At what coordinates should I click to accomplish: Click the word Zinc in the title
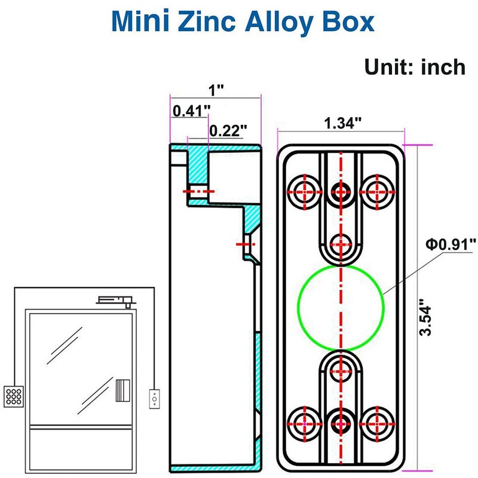pyautogui.click(x=206, y=22)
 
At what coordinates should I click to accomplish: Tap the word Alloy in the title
pyautogui.click(x=279, y=22)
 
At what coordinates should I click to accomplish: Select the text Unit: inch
pyautogui.click(x=415, y=67)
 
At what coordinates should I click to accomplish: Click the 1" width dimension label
pyautogui.click(x=216, y=90)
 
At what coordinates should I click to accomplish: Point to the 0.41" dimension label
pyautogui.click(x=191, y=111)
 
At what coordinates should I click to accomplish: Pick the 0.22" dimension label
pyautogui.click(x=228, y=131)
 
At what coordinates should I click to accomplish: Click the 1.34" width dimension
pyautogui.click(x=342, y=123)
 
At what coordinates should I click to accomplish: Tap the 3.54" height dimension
pyautogui.click(x=425, y=317)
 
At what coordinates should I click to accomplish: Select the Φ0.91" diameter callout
pyautogui.click(x=451, y=244)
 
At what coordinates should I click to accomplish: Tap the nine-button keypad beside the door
pyautogui.click(x=14, y=396)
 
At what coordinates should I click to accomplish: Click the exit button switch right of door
pyautogui.click(x=155, y=399)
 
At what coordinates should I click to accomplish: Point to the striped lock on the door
pyautogui.click(x=123, y=391)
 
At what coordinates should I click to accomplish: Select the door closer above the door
pyautogui.click(x=116, y=302)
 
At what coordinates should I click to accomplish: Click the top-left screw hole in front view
pyautogui.click(x=305, y=192)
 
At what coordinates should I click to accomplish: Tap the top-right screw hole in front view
pyautogui.click(x=377, y=192)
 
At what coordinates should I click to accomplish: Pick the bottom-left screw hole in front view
pyautogui.click(x=305, y=424)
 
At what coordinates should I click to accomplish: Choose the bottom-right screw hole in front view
pyautogui.click(x=377, y=424)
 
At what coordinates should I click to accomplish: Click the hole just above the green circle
pyautogui.click(x=341, y=244)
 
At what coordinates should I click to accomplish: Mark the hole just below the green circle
pyautogui.click(x=341, y=371)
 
